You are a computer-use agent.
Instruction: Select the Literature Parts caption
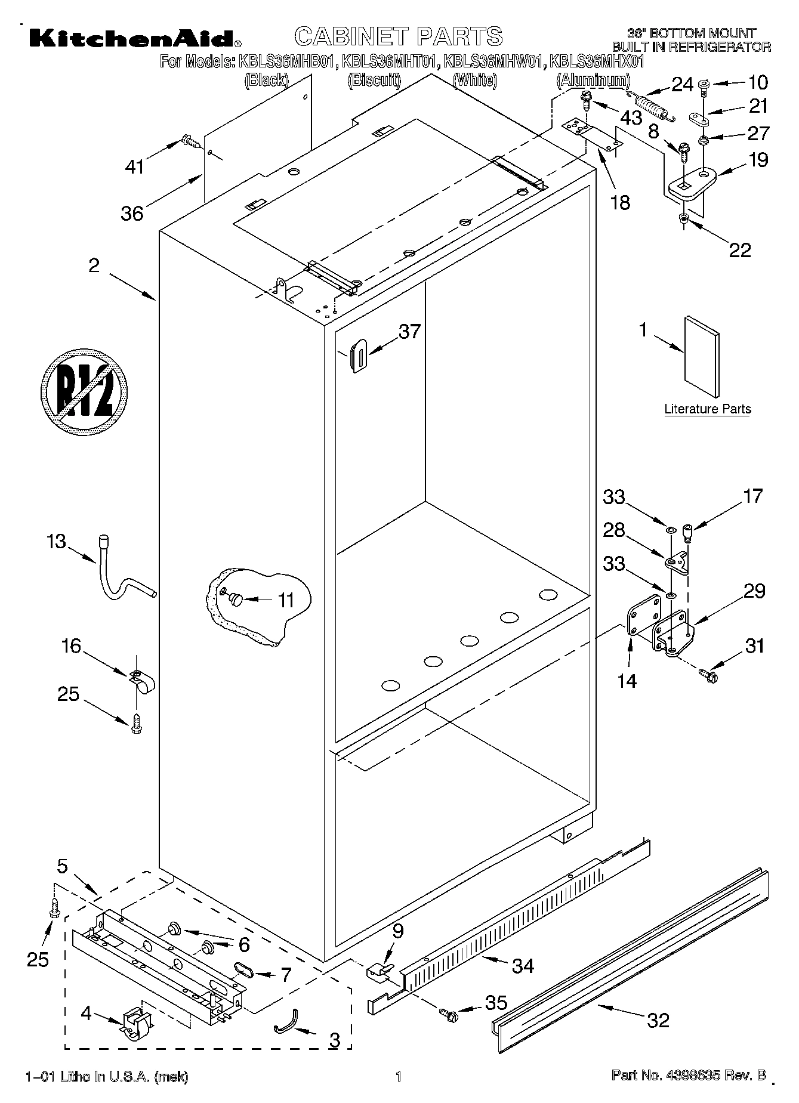click(707, 409)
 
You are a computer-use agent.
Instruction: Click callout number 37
click(409, 332)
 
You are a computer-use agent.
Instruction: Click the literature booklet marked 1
click(702, 356)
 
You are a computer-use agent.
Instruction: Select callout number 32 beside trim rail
click(658, 1020)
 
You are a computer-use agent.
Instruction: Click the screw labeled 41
click(189, 142)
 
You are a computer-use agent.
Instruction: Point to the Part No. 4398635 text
click(688, 1076)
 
